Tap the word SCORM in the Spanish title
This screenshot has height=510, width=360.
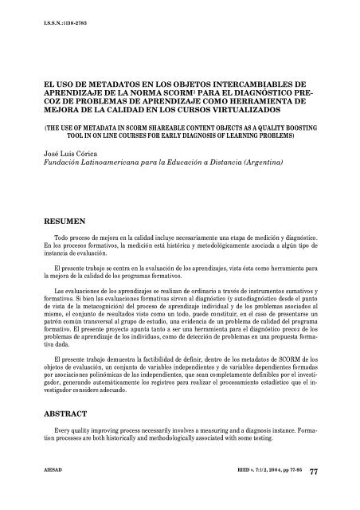[x=179, y=92]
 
